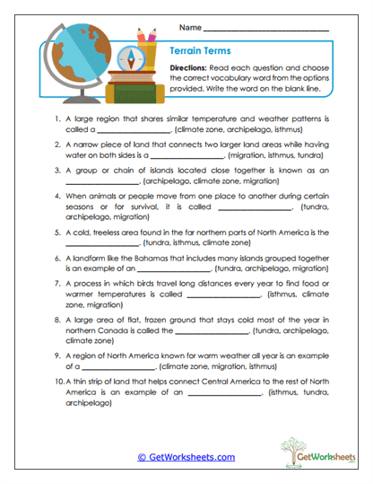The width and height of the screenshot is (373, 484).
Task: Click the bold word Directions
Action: [191, 68]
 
